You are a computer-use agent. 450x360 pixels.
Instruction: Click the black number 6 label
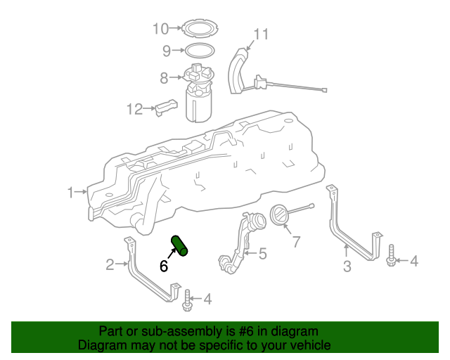163,266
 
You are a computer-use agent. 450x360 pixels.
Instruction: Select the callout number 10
161,29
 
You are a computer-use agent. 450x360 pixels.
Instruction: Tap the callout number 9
167,51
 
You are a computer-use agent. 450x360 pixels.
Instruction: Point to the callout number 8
163,78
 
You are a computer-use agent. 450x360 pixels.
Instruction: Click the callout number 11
261,34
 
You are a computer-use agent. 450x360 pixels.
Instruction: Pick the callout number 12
134,109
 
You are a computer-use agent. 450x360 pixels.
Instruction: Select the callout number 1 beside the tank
71,191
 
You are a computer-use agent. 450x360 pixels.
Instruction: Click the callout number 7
296,242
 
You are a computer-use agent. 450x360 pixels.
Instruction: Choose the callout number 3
347,266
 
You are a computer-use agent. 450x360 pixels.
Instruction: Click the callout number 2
110,264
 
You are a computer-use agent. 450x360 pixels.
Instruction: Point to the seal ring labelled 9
200,51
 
